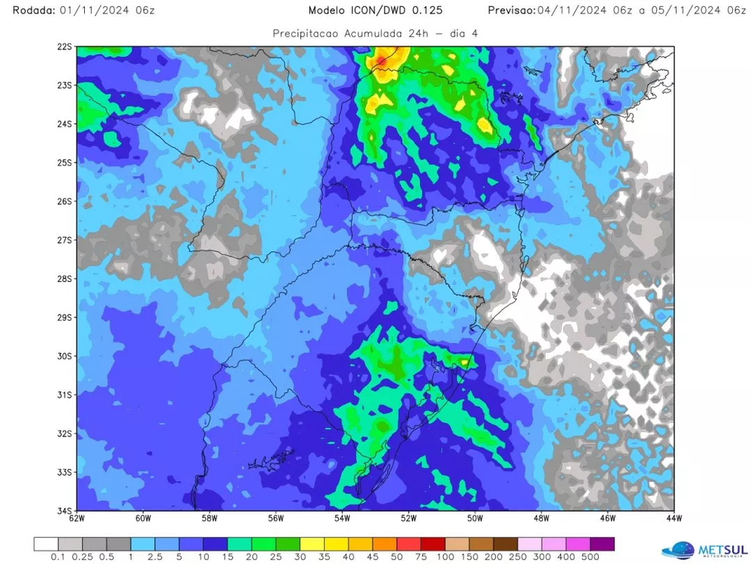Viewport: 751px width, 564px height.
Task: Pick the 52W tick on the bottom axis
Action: (x=409, y=518)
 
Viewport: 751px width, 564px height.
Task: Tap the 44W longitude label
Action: (x=674, y=518)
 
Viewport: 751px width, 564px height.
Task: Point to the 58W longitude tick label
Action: (x=210, y=518)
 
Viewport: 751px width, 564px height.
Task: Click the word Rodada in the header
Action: (x=28, y=10)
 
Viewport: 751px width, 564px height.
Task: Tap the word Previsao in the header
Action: (x=511, y=10)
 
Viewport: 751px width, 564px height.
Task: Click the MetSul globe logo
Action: (x=679, y=550)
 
